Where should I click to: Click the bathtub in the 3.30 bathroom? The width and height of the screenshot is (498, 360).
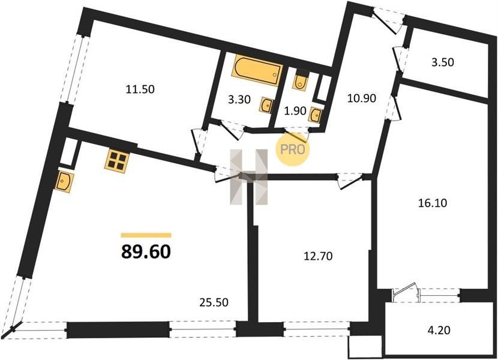click(257, 71)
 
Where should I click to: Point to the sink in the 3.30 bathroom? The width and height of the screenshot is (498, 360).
click(266, 104)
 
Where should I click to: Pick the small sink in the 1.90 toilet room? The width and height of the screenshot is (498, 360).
click(316, 115)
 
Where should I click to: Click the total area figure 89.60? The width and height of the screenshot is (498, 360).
click(146, 252)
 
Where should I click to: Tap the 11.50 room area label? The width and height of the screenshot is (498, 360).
click(140, 89)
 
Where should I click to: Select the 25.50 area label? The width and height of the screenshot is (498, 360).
click(214, 302)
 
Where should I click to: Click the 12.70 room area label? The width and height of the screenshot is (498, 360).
click(318, 256)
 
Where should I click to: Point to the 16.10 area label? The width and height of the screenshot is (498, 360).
click(432, 203)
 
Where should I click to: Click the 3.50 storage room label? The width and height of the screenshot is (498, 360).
click(442, 62)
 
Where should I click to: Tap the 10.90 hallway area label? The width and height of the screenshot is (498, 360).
click(362, 98)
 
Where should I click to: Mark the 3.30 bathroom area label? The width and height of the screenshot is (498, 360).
click(239, 100)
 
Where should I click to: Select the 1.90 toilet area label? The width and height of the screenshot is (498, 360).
click(295, 111)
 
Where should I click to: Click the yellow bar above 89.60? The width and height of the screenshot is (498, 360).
click(146, 235)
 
